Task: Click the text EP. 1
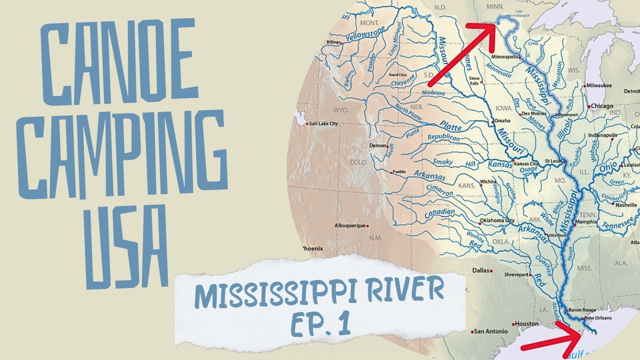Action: click(320, 323)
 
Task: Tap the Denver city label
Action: click(377, 145)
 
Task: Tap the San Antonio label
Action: click(491, 331)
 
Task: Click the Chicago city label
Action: click(602, 106)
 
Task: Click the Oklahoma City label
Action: click(496, 220)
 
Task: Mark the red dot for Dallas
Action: click(491, 270)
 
